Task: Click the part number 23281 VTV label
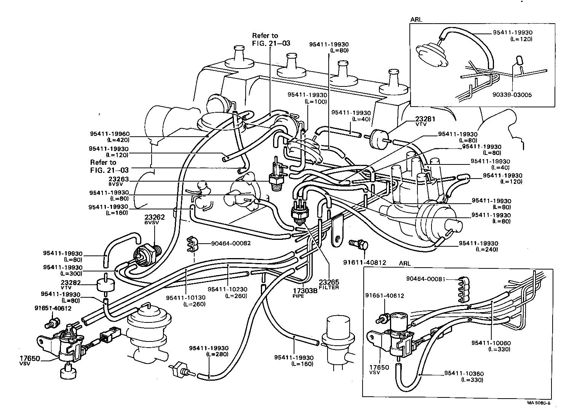tap(425, 121)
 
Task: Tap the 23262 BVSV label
tap(154, 219)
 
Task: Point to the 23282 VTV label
tap(70, 284)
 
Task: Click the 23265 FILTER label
tap(329, 285)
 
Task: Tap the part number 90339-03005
tap(512, 95)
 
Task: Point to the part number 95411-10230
tap(228, 292)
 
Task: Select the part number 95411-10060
tap(491, 346)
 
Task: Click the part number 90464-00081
tap(426, 279)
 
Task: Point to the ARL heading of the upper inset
tap(416, 19)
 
